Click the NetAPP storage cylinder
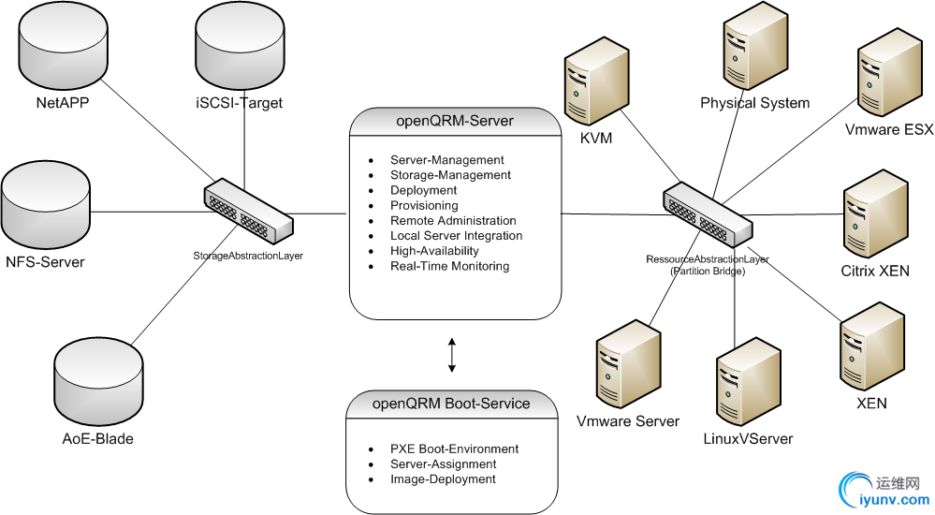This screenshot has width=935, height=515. point(63,47)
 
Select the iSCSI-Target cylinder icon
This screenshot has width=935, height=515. point(240,47)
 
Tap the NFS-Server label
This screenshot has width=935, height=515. point(45,262)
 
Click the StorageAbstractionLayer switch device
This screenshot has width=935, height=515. point(249,211)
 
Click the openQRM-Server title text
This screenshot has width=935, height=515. point(455,121)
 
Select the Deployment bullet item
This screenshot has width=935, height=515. point(423,190)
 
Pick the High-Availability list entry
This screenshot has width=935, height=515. point(434,251)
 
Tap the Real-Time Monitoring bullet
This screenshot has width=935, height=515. point(449,266)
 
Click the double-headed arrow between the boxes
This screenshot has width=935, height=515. point(452,355)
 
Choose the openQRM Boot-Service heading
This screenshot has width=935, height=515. point(451,404)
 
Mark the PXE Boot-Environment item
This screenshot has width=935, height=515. point(454,449)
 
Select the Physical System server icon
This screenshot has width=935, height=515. point(755,47)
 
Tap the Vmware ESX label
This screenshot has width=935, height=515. point(888,129)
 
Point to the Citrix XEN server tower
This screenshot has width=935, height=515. point(875,213)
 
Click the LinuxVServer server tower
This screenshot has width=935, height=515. point(749,382)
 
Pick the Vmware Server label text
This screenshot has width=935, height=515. point(628,421)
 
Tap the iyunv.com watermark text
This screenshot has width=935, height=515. point(895,500)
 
